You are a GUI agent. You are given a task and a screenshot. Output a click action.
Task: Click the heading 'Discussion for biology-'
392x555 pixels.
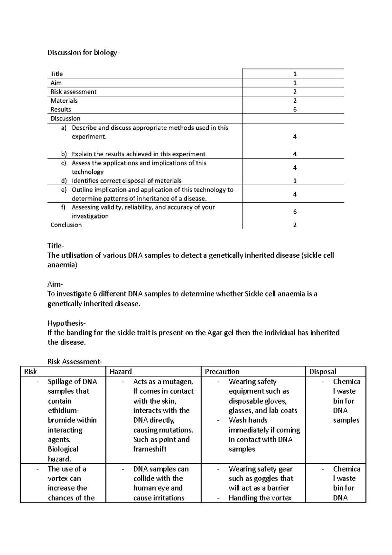coord(84,53)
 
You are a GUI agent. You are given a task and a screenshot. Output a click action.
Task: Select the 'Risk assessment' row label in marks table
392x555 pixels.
coord(73,92)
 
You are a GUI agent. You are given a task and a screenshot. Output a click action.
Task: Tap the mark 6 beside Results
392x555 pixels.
coord(295,109)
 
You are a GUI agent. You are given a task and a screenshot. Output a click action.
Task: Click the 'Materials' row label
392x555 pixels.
coord(64,101)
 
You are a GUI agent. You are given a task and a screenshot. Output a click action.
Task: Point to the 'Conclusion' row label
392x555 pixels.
coord(66,225)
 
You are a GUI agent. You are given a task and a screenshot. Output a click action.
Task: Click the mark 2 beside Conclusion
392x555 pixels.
coord(295,225)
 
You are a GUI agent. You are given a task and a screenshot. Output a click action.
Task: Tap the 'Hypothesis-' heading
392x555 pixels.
coord(66,323)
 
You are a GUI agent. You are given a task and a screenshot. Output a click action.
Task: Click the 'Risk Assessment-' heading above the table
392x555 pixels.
coord(75,362)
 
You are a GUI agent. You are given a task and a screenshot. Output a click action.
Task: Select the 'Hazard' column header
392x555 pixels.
coord(121,372)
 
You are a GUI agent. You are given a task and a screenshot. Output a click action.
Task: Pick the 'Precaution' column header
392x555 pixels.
coord(222,372)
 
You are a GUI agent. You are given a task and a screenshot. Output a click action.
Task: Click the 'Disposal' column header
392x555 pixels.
coord(323,372)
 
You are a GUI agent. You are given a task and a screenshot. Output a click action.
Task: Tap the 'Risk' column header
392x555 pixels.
coord(30,372)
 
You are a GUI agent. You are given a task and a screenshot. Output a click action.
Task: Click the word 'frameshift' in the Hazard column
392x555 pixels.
coord(150,449)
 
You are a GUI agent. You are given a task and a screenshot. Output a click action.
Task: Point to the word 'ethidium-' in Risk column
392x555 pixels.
coord(63,411)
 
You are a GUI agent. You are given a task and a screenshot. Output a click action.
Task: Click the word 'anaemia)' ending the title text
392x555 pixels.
coord(62,265)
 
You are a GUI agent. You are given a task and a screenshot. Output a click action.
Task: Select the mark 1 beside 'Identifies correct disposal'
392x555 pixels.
coord(295,181)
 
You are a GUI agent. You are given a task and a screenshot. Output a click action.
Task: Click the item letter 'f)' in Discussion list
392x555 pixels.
coord(63,207)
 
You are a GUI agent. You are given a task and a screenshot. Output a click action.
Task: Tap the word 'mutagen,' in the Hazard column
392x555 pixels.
coord(178,381)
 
